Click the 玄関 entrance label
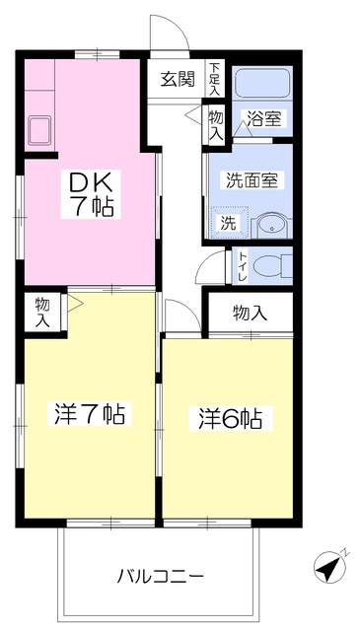178,79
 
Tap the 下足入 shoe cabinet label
216,79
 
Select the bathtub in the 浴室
262,83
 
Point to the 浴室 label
263,118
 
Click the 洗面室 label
252,179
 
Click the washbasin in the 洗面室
271,227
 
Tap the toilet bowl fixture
273,266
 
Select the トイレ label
242,266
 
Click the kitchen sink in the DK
39,130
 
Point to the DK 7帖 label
91,194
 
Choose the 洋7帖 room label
90,414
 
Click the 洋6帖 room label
231,419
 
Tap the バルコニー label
160,577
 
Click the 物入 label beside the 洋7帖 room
42,312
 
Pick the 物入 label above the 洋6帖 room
251,313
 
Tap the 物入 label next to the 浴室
216,125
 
